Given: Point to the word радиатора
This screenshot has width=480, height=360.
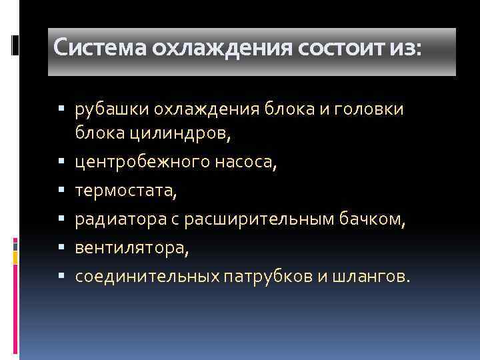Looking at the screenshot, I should (x=120, y=220).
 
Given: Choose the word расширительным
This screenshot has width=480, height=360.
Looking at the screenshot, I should (x=256, y=220).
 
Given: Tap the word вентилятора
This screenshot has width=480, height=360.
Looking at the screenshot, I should (x=131, y=248).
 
